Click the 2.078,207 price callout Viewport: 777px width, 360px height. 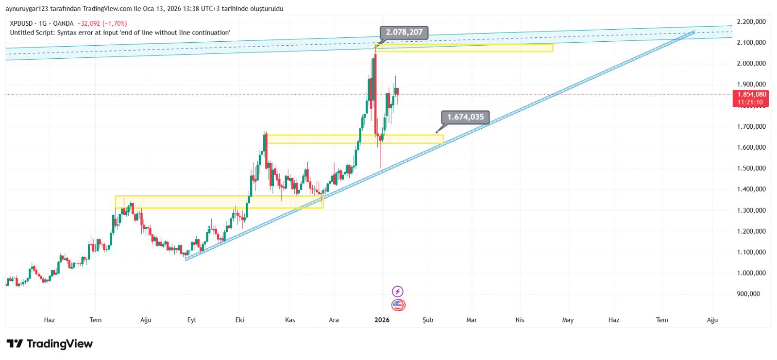click(x=404, y=33)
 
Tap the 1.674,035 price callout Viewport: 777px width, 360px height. click(x=465, y=117)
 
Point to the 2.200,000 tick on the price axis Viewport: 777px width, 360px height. click(x=751, y=22)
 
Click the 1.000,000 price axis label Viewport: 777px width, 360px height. click(x=751, y=273)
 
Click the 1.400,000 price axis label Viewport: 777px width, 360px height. click(x=751, y=189)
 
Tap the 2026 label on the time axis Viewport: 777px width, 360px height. click(x=382, y=320)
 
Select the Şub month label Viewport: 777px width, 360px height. click(x=427, y=320)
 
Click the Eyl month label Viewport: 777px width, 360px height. click(x=191, y=320)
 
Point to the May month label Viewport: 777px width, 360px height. click(x=568, y=320)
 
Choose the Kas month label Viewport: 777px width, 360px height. click(x=290, y=320)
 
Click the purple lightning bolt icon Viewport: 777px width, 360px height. click(x=398, y=291)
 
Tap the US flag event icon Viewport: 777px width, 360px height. click(x=398, y=305)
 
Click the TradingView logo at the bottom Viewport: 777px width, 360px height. click(x=50, y=344)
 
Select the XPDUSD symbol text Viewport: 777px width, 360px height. click(x=21, y=23)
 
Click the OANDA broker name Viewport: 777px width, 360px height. click(x=63, y=23)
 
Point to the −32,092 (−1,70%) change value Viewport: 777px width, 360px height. click(x=102, y=23)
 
